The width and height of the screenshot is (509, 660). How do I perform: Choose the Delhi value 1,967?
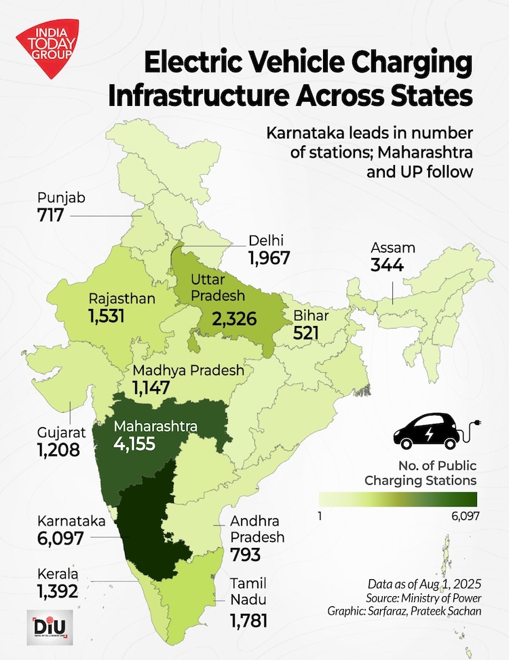(269, 258)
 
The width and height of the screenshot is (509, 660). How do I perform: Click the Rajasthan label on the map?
(122, 299)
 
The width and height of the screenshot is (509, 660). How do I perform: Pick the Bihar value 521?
(307, 333)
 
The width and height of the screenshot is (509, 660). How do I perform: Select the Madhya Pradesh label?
(188, 371)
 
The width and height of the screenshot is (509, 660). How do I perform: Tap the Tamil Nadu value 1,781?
(250, 621)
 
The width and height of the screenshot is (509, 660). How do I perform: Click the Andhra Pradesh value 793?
(246, 555)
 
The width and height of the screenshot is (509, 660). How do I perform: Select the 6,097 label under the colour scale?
(463, 515)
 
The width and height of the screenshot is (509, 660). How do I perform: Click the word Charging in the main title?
(404, 65)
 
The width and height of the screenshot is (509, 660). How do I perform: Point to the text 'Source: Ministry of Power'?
(434, 598)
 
